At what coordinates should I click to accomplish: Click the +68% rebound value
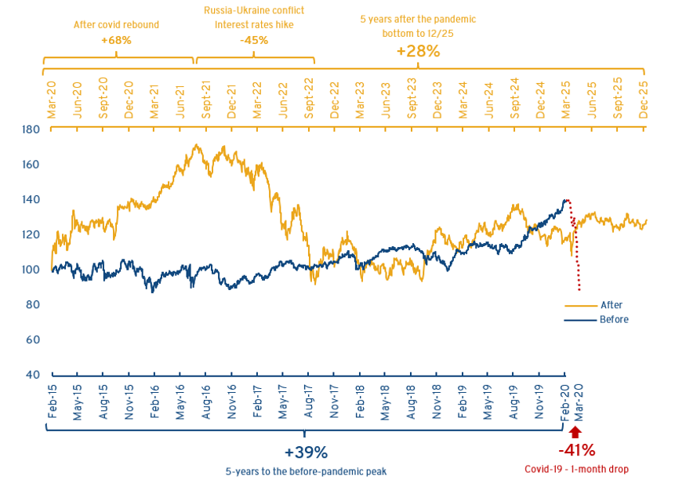click(x=116, y=39)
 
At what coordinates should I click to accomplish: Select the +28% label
click(x=418, y=50)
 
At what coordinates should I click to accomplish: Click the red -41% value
click(x=576, y=451)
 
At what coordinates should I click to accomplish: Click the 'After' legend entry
click(x=611, y=306)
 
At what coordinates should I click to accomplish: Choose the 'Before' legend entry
click(x=614, y=319)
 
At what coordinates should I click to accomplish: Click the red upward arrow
click(x=576, y=433)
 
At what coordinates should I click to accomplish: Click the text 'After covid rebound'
click(x=116, y=25)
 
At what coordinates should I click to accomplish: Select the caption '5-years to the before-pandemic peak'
click(x=306, y=471)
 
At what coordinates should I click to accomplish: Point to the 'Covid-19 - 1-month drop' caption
click(x=576, y=470)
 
